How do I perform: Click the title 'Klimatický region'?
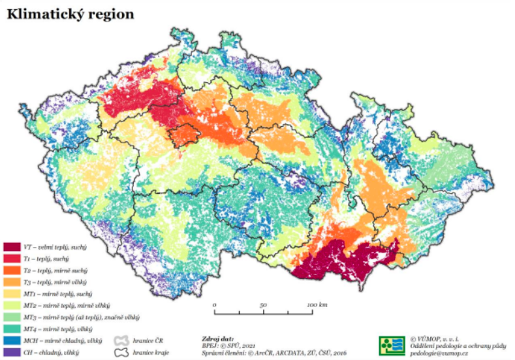(70, 14)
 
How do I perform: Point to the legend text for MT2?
(63, 306)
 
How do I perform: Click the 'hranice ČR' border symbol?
(121, 341)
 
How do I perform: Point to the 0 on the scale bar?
(215, 304)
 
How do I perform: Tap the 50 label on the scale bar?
(262, 304)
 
